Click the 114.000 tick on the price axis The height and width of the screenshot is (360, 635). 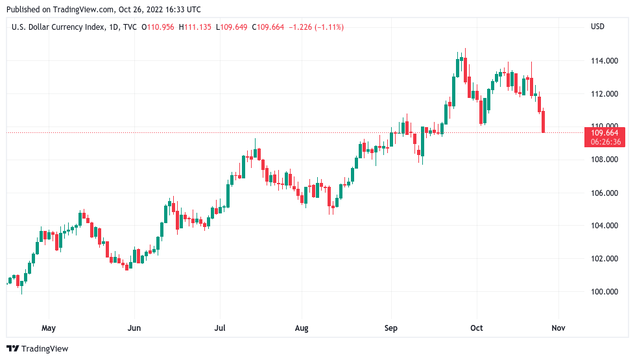click(x=603, y=61)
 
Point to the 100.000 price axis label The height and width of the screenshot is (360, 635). click(x=603, y=292)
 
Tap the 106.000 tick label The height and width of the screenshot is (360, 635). click(x=603, y=193)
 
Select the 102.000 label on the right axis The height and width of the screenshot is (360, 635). click(x=603, y=259)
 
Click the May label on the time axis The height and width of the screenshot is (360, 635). click(x=49, y=328)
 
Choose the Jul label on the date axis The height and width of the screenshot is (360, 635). click(x=220, y=328)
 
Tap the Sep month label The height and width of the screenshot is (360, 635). click(x=390, y=328)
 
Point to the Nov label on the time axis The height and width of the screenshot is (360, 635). click(x=558, y=328)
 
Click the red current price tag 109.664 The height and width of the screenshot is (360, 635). click(x=606, y=133)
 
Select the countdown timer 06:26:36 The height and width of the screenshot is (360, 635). click(x=606, y=142)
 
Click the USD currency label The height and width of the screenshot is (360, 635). click(x=597, y=27)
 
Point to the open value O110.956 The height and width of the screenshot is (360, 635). click(x=158, y=27)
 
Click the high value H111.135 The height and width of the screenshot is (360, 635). click(x=195, y=27)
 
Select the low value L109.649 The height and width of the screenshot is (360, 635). click(x=231, y=27)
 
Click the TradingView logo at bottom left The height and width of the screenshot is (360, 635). click(x=38, y=349)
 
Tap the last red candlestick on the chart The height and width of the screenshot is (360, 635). click(x=544, y=122)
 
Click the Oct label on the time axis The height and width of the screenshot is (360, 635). click(x=477, y=328)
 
